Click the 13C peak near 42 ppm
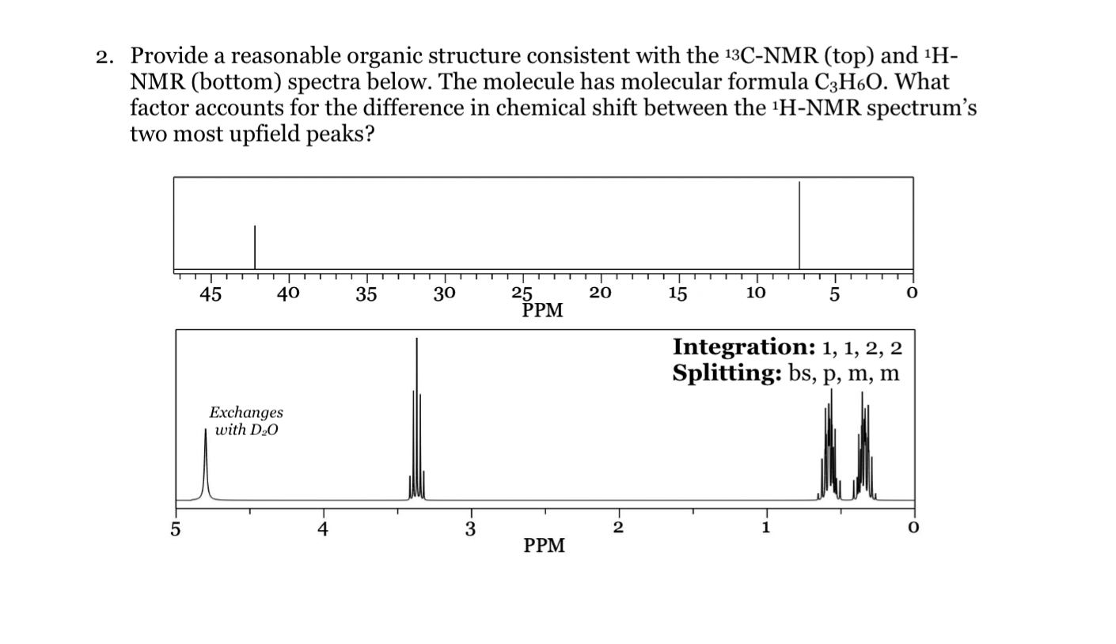(x=255, y=247)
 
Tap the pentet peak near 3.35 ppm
(x=416, y=419)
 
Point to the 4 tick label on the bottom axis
(x=322, y=529)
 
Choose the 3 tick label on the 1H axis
(x=470, y=529)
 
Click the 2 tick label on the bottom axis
(x=618, y=528)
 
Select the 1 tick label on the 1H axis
(x=765, y=528)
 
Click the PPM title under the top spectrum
(x=543, y=311)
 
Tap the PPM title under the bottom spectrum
(x=545, y=546)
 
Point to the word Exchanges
(x=245, y=413)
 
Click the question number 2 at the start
(x=103, y=57)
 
